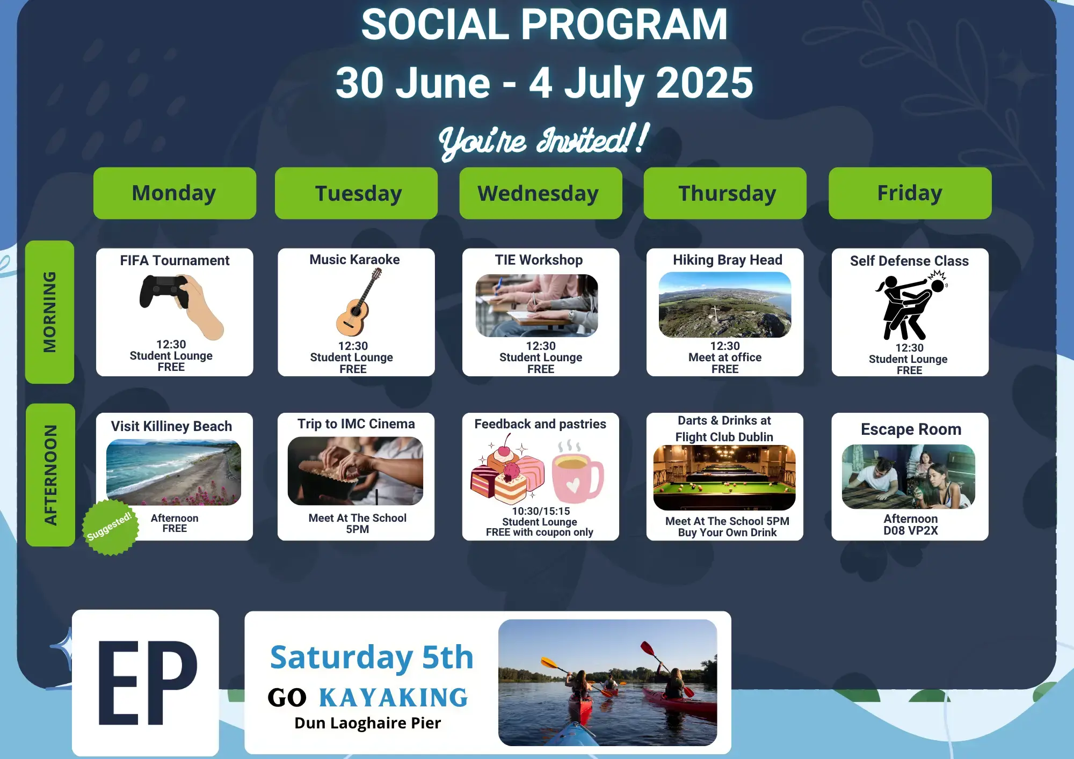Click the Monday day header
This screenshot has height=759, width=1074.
tap(175, 193)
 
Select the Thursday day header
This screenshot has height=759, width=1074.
tap(725, 193)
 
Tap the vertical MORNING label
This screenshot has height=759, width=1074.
tap(50, 312)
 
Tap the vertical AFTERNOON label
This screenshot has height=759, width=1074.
tap(50, 475)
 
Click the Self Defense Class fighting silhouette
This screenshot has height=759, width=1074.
tap(911, 305)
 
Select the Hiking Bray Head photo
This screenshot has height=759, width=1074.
tap(725, 305)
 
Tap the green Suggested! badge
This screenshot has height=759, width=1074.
tap(110, 527)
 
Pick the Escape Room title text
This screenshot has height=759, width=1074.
tap(911, 429)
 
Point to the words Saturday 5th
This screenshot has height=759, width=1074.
tap(372, 658)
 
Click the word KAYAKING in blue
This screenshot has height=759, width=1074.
tap(394, 698)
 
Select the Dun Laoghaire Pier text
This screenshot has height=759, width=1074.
tap(368, 723)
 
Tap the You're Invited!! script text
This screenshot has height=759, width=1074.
tap(543, 141)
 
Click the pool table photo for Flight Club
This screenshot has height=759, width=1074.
tap(724, 478)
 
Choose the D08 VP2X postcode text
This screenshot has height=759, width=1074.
tap(911, 531)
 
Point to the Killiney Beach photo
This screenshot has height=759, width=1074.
tap(173, 472)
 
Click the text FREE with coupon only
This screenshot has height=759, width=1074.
tap(540, 532)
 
